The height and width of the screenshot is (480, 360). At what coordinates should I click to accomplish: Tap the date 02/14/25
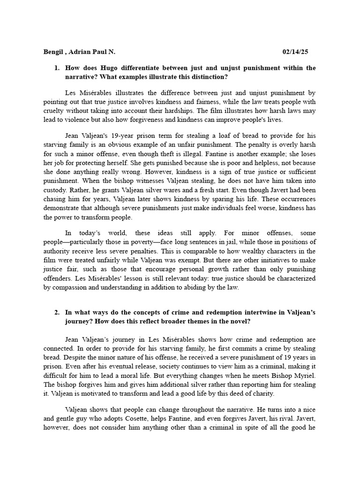296,51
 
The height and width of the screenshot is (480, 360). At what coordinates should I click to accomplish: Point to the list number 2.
57,313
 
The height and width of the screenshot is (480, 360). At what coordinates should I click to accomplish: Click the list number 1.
57,68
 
